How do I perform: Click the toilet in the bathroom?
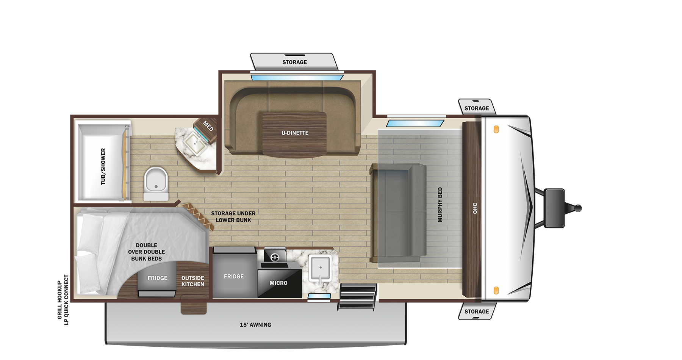[x=156, y=183]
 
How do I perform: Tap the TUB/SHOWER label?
[x=103, y=166]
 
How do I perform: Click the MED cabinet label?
[x=208, y=126]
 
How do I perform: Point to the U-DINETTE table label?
[x=295, y=133]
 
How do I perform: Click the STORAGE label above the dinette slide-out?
[x=294, y=62]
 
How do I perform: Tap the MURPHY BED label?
[x=440, y=205]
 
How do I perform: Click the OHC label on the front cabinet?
[x=475, y=208]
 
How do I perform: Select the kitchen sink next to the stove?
[x=320, y=268]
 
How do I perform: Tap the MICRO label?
[x=278, y=283]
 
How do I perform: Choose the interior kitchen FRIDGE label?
[x=234, y=277]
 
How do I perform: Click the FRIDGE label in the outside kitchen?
[x=157, y=278]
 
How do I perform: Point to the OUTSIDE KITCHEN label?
[x=192, y=281]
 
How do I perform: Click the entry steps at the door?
[x=357, y=296]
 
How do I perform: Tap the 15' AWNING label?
[x=255, y=325]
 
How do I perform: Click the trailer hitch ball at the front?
[x=578, y=208]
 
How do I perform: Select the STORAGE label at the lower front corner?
[x=477, y=311]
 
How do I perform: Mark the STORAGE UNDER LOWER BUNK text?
[x=233, y=217]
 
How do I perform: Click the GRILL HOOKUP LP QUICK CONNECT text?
[x=63, y=300]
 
